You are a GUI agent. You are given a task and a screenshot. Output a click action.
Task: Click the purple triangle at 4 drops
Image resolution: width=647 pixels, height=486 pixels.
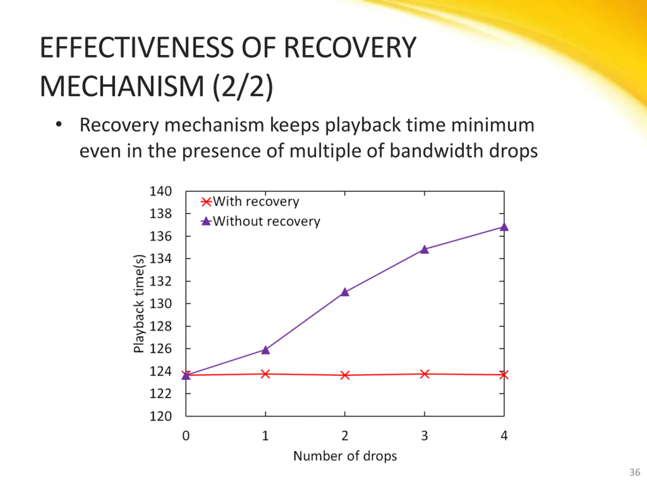[x=504, y=227]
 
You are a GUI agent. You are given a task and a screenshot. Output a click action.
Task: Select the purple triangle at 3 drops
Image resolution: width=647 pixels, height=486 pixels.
[x=424, y=250]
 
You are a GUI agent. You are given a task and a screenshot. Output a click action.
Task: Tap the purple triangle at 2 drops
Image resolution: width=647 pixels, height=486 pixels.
[x=345, y=292]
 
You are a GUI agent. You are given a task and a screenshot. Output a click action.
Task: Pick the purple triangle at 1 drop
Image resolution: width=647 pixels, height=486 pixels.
[x=265, y=350]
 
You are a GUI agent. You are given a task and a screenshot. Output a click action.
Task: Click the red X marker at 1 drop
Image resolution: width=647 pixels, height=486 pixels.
[x=265, y=374]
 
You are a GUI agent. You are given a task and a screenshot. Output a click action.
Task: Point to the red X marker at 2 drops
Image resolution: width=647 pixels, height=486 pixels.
[x=345, y=375]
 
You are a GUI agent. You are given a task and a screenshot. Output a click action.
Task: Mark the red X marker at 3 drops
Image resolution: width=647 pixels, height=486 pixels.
[x=424, y=374]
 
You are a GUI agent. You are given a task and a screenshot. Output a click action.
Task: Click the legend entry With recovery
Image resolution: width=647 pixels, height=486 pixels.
[x=256, y=201]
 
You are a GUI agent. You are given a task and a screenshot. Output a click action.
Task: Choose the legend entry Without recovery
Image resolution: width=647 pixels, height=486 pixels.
[x=266, y=221]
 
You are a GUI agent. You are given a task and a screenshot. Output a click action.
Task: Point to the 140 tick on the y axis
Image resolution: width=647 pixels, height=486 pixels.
[x=160, y=191]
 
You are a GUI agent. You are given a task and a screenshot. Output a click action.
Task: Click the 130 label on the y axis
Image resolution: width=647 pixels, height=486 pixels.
[x=160, y=304]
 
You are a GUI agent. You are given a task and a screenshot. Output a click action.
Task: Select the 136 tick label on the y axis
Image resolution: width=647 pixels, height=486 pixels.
[x=160, y=236]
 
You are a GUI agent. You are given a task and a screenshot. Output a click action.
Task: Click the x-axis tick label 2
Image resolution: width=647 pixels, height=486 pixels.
[x=345, y=436]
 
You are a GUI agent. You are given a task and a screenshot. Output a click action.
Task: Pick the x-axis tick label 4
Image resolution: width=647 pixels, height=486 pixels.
[x=504, y=436]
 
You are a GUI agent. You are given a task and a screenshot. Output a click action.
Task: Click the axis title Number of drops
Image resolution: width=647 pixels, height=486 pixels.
[x=345, y=456]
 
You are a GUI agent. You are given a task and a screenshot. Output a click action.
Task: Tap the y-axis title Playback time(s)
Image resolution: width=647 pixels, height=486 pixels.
[x=139, y=304]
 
